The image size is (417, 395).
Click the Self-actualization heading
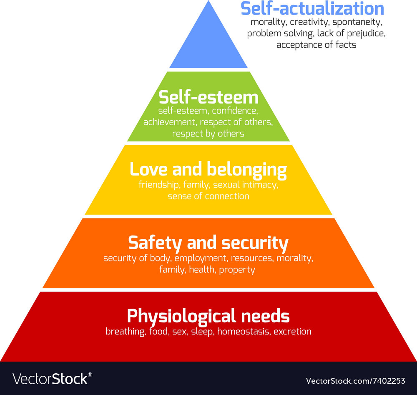[x=312, y=9]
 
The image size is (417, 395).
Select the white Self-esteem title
[x=208, y=97]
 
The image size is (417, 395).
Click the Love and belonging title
[x=208, y=170]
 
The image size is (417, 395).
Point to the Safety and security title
[x=208, y=243]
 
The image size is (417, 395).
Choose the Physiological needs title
[x=208, y=316]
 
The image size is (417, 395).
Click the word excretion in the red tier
[x=292, y=332]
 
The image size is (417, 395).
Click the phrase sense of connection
[x=208, y=196]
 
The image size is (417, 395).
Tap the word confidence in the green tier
[x=236, y=111]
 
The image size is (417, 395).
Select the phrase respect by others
[x=208, y=134]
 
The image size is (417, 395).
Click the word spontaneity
[x=359, y=22]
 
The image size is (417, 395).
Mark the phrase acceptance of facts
[x=316, y=45]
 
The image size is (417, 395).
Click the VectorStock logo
[x=52, y=379]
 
